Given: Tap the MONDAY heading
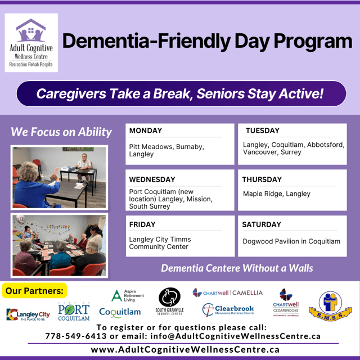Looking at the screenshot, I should coord(145,130).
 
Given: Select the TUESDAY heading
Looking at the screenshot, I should coord(263,130).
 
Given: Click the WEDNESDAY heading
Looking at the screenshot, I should coord(152,179).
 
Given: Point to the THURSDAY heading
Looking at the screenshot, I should coord(262,179).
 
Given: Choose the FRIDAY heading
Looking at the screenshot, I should coord(142,224).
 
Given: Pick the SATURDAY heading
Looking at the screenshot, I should coord(262,224).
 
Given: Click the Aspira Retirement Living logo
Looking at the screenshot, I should coord(127,296).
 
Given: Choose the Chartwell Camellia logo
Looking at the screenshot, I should coord(227,292).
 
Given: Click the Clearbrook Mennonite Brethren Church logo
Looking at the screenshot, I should coord(228,310).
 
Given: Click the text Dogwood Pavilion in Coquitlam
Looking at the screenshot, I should coord(291,241).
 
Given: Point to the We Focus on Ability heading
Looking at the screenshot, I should coord(61,132).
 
